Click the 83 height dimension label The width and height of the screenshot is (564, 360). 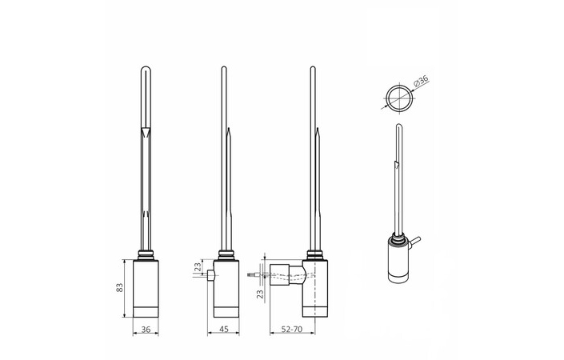120,287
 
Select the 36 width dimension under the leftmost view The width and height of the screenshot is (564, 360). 146,329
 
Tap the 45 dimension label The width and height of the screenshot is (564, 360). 224,329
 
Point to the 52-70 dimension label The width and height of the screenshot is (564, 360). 291,329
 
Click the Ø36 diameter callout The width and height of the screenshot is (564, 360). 422,81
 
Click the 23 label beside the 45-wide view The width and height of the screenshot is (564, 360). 198,267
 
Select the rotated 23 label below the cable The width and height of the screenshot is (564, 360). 260,294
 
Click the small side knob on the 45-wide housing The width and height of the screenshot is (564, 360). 210,275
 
